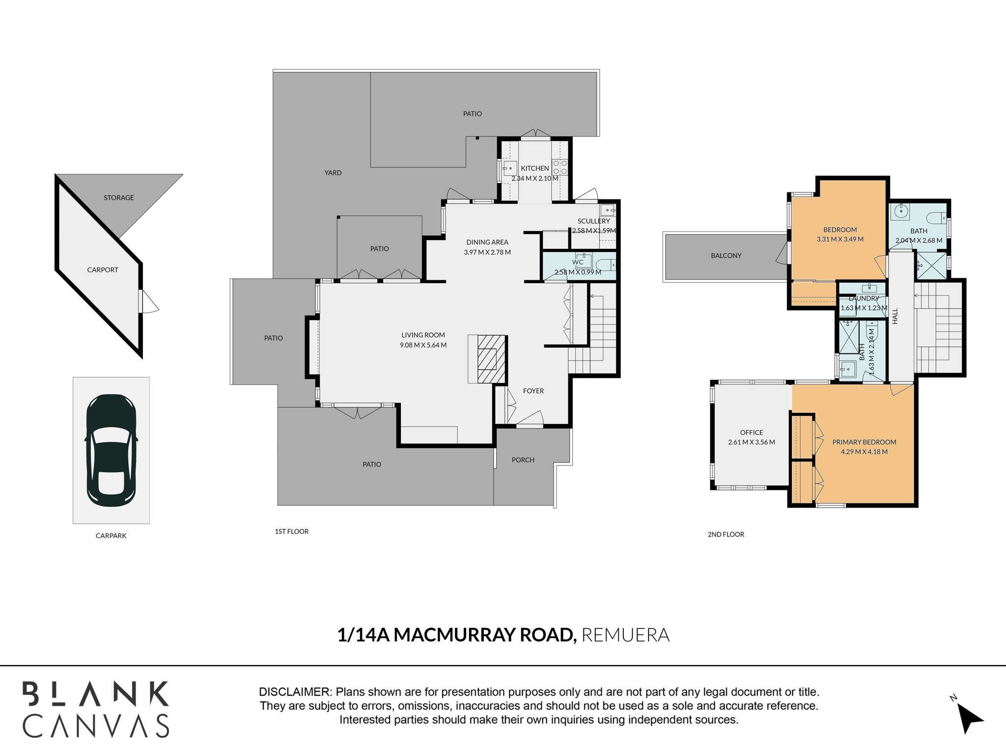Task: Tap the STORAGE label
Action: point(119,198)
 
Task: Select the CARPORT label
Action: point(103,269)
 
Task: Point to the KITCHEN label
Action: point(535,168)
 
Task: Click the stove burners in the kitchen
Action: point(560,167)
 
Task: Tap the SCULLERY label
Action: point(594,221)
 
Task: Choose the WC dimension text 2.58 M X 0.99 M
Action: point(578,272)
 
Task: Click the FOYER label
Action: point(533,391)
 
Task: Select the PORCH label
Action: point(523,460)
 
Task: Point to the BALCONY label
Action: point(727,256)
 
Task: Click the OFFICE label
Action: point(752,432)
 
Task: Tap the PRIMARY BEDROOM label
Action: point(865,442)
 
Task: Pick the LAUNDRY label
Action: point(864,298)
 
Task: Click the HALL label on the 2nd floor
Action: point(895,316)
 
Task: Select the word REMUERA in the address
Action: point(625,635)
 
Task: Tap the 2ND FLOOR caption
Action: point(726,534)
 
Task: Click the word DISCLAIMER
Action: point(295,692)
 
